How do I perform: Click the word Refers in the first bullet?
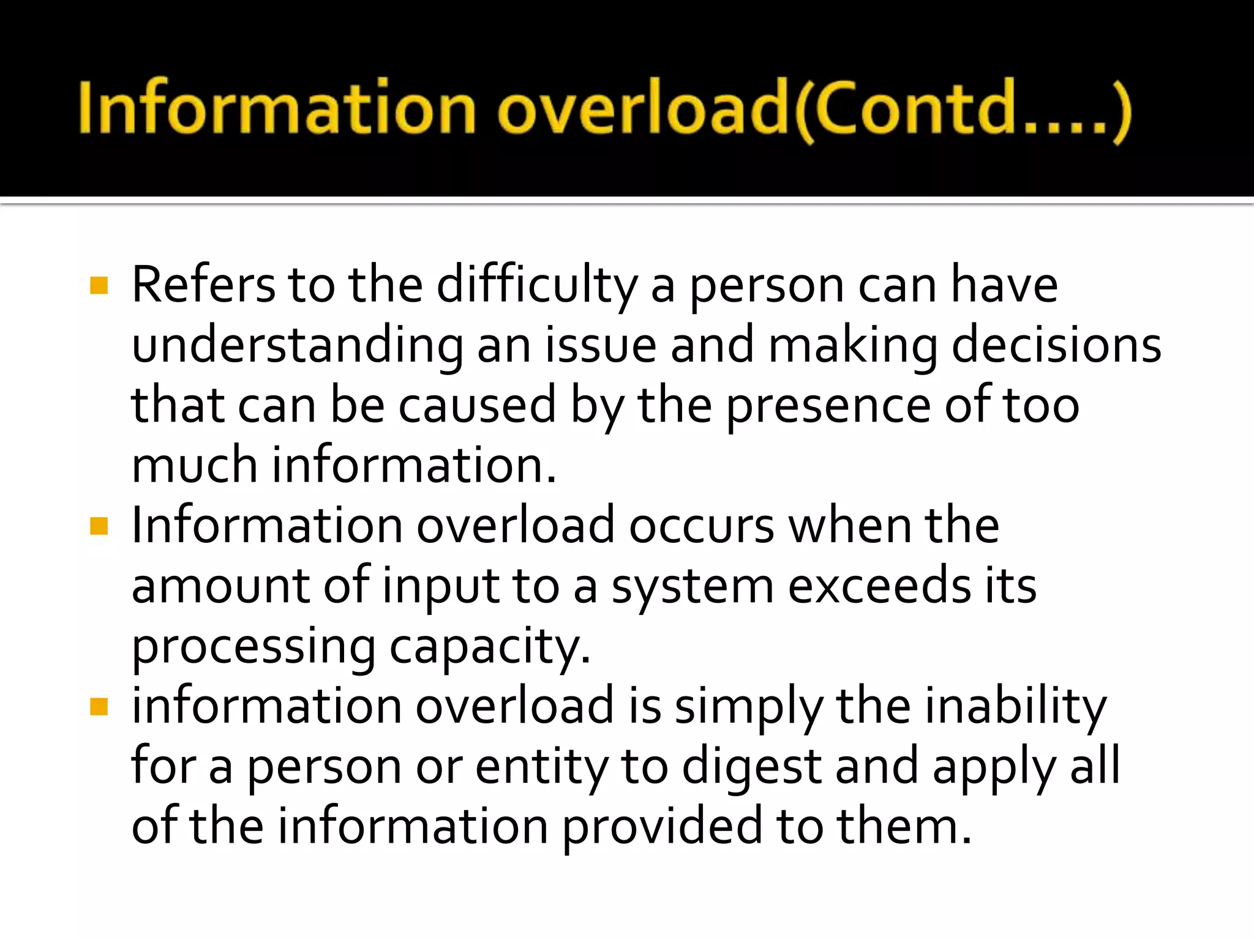point(203,285)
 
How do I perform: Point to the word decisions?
point(1056,345)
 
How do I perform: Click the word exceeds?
point(879,586)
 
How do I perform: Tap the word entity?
point(541,767)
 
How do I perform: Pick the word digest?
point(751,767)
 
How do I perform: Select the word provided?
point(662,827)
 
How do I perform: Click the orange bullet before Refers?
point(99,285)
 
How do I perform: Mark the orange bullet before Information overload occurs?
point(99,526)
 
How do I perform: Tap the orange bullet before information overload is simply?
point(99,707)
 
